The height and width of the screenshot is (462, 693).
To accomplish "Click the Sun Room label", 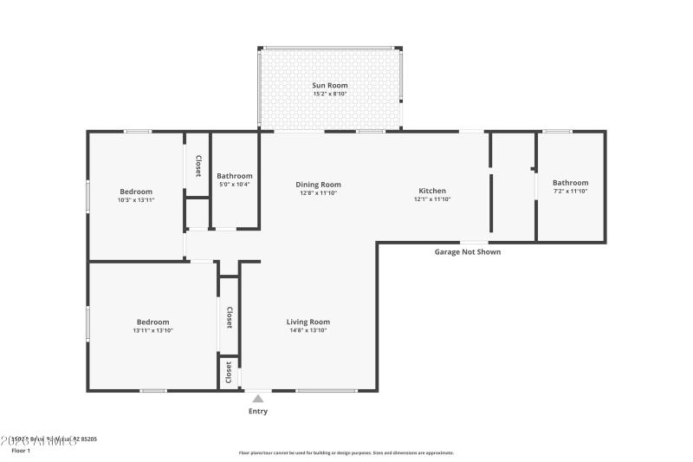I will (x=329, y=85).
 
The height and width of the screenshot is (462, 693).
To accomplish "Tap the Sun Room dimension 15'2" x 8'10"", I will (x=329, y=94).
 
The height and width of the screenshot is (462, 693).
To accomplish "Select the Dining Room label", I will (x=318, y=184).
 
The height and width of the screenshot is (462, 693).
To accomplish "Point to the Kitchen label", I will (x=432, y=191).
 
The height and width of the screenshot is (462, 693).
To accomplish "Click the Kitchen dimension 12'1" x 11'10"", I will (x=432, y=199).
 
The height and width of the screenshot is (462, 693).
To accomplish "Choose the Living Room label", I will (x=308, y=322).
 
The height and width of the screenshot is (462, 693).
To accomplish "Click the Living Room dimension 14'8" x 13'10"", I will (x=308, y=331).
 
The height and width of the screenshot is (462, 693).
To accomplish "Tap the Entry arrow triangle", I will (x=258, y=399).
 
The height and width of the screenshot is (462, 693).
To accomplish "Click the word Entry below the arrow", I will (x=258, y=411).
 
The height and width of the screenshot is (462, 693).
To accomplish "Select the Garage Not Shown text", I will (x=467, y=252).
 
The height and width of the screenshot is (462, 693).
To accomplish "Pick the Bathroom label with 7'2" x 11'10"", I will (x=571, y=183).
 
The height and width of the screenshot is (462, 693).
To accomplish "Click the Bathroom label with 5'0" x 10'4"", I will (x=235, y=176).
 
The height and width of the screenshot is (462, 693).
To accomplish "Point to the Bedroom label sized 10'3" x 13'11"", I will (x=136, y=192).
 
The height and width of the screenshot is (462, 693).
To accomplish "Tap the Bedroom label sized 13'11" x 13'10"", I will (x=152, y=322).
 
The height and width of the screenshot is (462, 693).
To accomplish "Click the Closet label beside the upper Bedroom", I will (x=198, y=166).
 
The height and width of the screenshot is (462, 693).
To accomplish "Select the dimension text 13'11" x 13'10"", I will (x=152, y=330).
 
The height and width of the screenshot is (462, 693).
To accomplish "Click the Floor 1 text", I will (x=20, y=451).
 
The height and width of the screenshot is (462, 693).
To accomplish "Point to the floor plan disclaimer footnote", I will (x=346, y=452).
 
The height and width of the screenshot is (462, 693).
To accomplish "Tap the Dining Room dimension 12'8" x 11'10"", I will (x=318, y=192).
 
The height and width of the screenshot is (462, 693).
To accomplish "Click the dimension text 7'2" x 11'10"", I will (x=571, y=192).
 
